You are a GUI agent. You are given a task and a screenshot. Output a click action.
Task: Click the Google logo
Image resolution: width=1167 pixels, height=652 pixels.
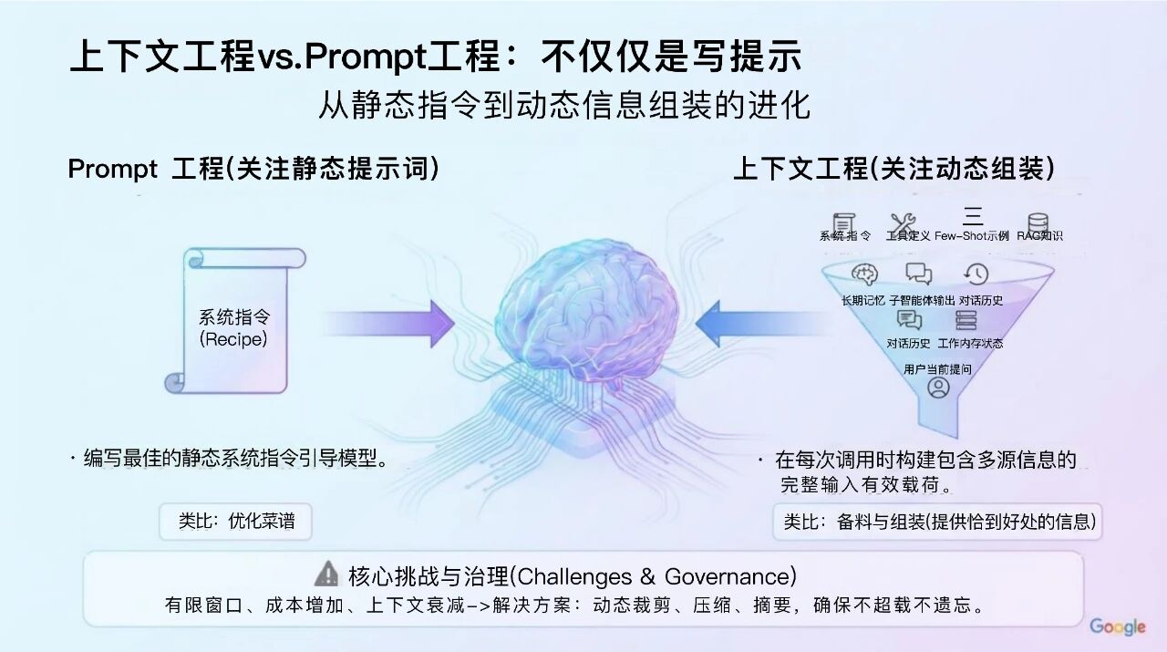tap(1117, 626)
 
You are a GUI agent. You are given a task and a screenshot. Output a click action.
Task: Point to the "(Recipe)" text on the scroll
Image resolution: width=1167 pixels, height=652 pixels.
tap(233, 339)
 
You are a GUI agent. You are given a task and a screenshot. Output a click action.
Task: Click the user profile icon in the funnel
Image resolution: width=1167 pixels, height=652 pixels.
tap(938, 388)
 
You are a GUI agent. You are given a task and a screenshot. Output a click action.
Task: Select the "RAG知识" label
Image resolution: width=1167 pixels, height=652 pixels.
tap(1039, 235)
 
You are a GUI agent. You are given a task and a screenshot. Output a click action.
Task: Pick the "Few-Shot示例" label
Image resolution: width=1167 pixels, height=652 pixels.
tap(972, 235)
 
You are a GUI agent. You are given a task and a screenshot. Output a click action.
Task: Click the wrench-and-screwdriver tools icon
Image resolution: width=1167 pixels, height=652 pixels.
tap(903, 221)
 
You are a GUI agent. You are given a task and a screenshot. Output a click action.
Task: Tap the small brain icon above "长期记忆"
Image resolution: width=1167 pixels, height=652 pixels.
tap(863, 274)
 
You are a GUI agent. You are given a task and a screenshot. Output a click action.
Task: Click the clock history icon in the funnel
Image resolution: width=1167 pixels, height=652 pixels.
tap(976, 274)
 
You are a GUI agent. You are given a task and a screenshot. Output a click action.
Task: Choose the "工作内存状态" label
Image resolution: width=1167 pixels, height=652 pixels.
tap(970, 344)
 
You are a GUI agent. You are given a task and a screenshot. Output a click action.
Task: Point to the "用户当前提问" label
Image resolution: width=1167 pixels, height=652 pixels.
tap(937, 369)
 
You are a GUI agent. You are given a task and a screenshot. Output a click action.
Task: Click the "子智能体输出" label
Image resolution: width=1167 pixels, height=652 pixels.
tap(922, 300)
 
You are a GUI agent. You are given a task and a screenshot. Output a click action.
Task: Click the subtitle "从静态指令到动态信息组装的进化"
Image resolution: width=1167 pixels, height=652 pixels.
tap(563, 106)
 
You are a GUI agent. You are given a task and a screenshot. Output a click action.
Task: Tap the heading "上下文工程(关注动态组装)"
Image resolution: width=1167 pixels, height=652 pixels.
tap(893, 170)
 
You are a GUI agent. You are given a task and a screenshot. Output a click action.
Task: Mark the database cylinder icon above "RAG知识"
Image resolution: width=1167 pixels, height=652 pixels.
tap(1038, 222)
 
